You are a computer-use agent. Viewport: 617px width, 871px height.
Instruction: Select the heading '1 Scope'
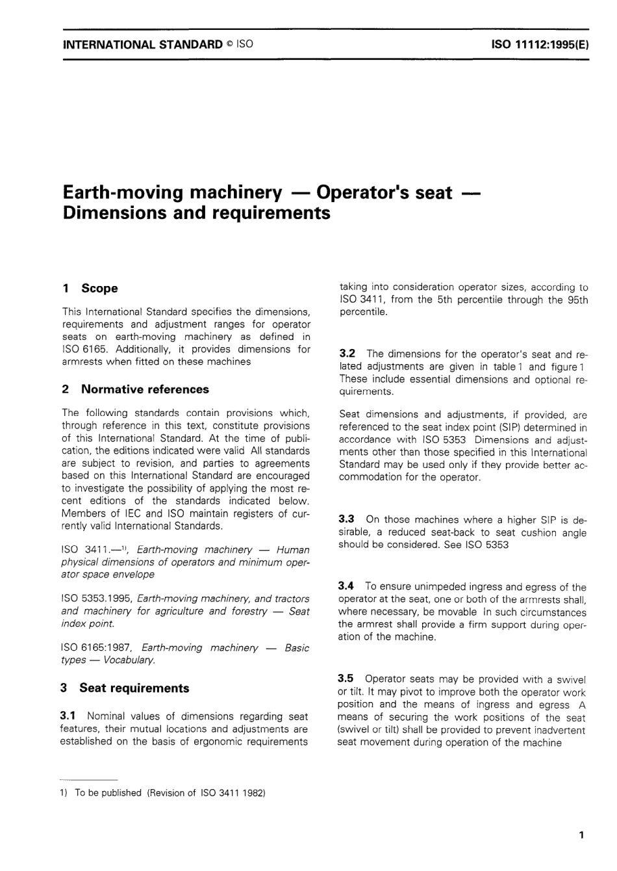point(90,288)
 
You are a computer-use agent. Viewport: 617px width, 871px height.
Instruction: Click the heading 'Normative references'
point(144,389)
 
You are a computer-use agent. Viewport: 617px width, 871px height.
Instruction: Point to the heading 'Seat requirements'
point(134,688)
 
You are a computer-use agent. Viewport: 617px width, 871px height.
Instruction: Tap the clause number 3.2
point(347,354)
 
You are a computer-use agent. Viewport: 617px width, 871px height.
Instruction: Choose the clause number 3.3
point(347,519)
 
